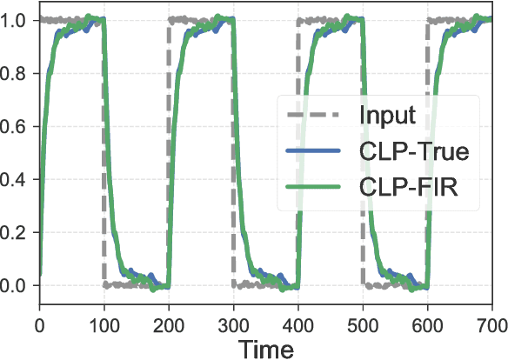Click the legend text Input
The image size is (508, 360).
pyautogui.click(x=387, y=116)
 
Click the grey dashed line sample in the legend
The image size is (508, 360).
pyautogui.click(x=314, y=116)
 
